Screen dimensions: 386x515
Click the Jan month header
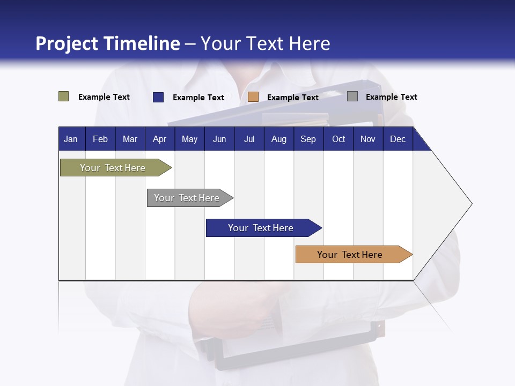tap(71, 139)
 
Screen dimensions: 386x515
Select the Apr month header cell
tap(159, 139)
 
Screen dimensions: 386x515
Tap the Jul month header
tap(249, 139)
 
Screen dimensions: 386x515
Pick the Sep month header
tap(308, 139)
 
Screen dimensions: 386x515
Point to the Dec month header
tap(398, 139)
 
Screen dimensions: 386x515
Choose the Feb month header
tap(100, 139)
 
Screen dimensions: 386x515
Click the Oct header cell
tap(339, 139)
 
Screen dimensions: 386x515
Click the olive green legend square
tap(63, 96)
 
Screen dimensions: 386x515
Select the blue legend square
tap(158, 97)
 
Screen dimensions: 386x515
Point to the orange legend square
tap(253, 97)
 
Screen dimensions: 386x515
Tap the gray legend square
tap(352, 96)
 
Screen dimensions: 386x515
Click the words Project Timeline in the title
tap(107, 43)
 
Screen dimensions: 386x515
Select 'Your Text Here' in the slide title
tap(266, 43)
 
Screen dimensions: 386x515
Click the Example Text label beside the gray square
tap(391, 97)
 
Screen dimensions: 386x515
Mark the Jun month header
tap(219, 139)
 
